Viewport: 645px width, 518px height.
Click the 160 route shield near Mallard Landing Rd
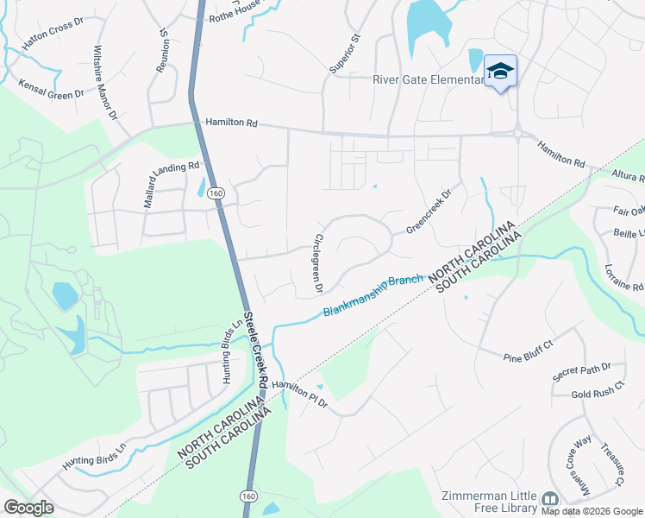(216, 195)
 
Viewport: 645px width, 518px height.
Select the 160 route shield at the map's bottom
(248, 496)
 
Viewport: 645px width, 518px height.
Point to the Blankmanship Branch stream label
(374, 295)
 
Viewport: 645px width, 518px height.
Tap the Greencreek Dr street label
(429, 213)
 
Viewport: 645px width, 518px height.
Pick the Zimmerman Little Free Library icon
(550, 499)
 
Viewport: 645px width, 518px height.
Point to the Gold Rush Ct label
(597, 392)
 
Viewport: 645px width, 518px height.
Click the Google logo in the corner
(28, 508)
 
